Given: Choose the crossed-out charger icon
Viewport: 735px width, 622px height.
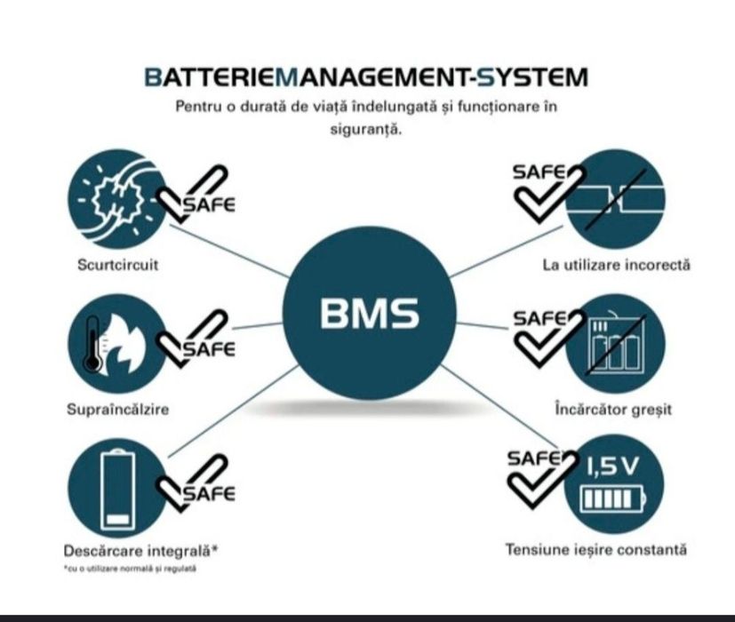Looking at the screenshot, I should [x=614, y=345].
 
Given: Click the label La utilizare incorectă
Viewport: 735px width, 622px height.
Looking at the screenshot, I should [x=616, y=265].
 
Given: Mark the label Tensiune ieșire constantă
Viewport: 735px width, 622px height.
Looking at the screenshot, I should [x=595, y=550].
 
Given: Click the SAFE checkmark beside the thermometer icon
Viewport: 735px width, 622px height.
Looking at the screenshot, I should [x=195, y=341].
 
